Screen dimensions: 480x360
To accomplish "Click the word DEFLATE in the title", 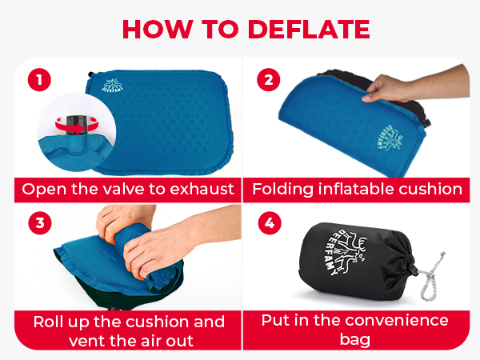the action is coord(309,29).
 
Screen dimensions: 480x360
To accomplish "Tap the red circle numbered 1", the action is coord(39,79).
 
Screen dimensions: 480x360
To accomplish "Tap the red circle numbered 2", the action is coord(269,79).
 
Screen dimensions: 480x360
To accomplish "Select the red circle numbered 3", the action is coord(40,223).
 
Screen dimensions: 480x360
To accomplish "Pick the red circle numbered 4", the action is coord(270,223).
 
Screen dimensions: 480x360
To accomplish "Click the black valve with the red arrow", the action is coord(75,125).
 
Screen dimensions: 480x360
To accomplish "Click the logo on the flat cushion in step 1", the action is coord(113,85).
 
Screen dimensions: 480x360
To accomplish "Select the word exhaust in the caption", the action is coord(202,189).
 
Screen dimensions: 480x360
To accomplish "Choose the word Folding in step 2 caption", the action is coord(283,190).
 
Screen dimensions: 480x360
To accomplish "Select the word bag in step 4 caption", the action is coord(354,340).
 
